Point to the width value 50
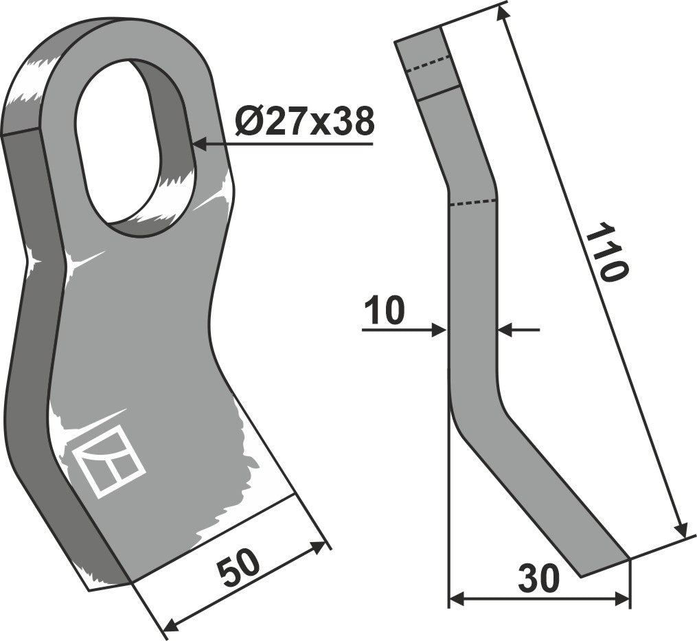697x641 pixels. [239, 569]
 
